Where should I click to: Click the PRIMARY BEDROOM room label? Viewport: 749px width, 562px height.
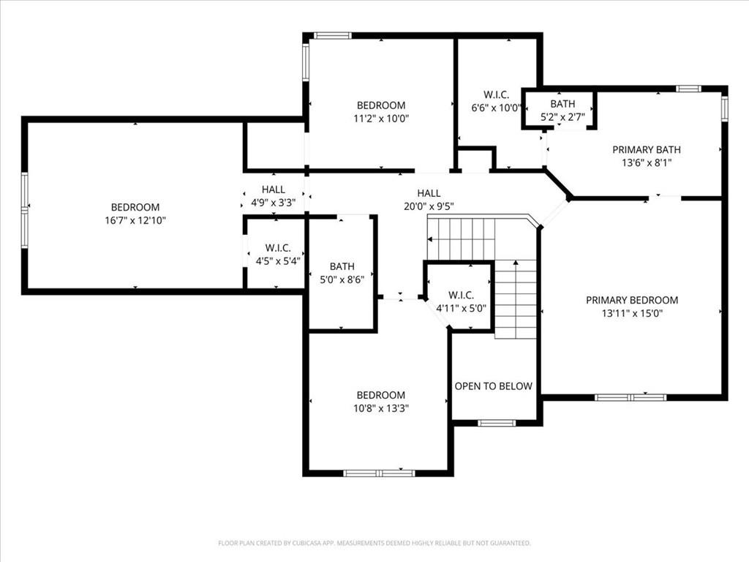[631, 300]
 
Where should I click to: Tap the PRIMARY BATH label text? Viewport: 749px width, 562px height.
[647, 149]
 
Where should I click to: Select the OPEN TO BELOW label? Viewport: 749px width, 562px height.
[493, 386]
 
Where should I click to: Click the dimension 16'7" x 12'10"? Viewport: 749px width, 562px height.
[135, 220]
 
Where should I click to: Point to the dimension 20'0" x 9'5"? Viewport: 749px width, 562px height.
[429, 206]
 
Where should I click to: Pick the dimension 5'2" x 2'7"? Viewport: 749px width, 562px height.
[562, 117]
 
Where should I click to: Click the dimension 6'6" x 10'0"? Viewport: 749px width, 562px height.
[496, 108]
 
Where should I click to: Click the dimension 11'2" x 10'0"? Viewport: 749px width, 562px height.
[381, 119]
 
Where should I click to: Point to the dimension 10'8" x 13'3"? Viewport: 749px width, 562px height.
[380, 408]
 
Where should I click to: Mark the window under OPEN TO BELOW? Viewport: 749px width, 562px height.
[497, 423]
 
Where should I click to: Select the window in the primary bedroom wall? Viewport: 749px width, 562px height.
[631, 397]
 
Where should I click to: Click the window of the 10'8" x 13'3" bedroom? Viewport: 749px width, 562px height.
[380, 473]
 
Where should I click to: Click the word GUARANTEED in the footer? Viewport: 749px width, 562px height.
[513, 544]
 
